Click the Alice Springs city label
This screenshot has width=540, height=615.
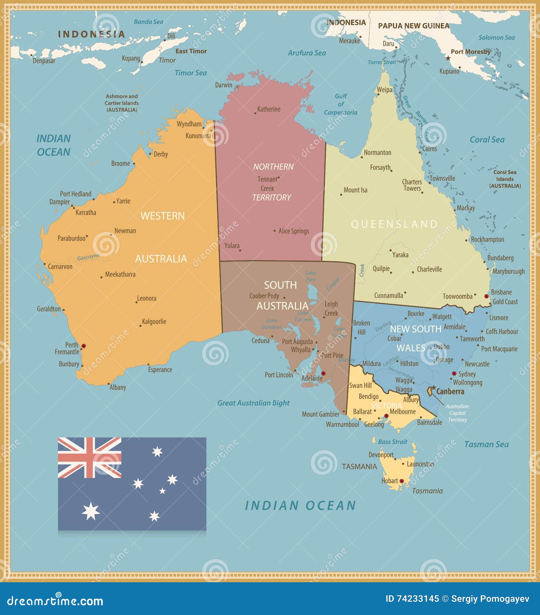294,231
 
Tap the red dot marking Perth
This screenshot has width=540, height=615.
84,346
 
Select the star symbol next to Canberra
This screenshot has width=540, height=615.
434,388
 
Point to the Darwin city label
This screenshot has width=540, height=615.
223,85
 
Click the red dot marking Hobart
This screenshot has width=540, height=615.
402,481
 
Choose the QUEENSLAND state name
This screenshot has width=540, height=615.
394,224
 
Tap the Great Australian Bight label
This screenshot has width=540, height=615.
253,403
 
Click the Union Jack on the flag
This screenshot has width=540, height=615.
89,457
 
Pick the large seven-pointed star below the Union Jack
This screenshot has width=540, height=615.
90,511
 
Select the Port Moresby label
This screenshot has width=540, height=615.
471,52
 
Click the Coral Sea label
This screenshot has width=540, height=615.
487,140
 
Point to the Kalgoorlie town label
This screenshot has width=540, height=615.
154,322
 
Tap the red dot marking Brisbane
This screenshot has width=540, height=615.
487,296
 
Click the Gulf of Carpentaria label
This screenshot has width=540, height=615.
340,104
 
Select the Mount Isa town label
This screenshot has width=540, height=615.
355,190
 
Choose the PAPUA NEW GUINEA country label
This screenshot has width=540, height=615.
414,26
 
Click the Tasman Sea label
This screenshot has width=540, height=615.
486,444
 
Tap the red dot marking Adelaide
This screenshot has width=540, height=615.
323,373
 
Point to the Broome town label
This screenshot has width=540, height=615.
121,164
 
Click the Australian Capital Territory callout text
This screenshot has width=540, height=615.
457,413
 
